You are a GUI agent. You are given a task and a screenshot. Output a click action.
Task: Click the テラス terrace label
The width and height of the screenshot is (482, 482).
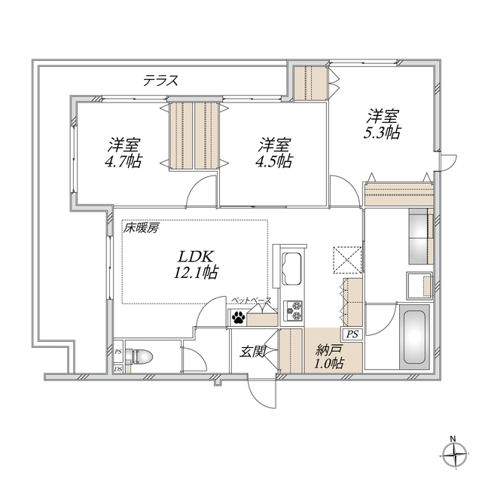161,81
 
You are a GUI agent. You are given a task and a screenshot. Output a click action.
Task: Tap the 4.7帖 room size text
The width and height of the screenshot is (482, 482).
124,161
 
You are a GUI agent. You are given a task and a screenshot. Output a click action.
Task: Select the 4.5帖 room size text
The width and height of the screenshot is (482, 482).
273,161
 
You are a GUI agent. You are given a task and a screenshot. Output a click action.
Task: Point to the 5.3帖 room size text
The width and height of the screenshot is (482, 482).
382,133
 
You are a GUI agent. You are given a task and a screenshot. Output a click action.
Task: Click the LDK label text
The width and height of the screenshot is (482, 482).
196,256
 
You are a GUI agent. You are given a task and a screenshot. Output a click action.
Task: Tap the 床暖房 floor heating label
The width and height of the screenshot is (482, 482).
142,228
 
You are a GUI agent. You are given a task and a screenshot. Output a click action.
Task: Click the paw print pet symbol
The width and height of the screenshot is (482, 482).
238,318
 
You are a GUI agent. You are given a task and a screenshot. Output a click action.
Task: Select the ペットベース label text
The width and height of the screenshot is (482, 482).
252,300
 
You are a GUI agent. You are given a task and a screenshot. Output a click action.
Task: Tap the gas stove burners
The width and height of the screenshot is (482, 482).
294,310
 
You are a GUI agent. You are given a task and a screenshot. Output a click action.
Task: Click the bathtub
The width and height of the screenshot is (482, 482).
414,337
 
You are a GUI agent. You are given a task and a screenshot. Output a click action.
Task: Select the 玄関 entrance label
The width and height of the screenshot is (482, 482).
253,352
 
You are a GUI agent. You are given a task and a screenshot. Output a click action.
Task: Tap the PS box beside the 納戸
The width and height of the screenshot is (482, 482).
352,334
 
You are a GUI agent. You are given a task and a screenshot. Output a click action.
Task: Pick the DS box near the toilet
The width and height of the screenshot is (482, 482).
118,369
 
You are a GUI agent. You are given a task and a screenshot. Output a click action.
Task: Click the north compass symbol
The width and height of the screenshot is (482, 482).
455,453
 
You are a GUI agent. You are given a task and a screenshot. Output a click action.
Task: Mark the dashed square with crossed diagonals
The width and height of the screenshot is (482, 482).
347,260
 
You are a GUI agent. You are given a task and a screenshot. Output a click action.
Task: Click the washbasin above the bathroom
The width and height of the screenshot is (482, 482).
419,285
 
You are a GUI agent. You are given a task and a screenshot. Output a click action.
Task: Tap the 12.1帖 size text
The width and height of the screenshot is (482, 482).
196,272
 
